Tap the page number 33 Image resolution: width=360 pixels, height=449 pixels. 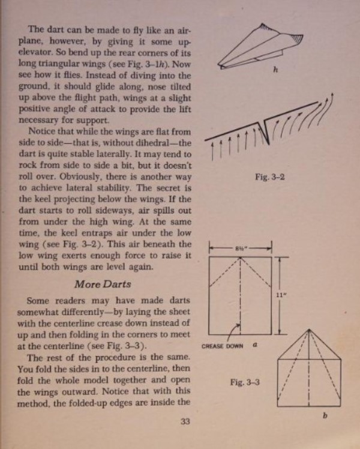point(185,422)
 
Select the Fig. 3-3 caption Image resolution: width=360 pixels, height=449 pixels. point(244,382)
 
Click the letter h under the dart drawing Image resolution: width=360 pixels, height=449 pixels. point(274,71)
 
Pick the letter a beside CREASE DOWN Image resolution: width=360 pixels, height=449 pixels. point(254,345)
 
